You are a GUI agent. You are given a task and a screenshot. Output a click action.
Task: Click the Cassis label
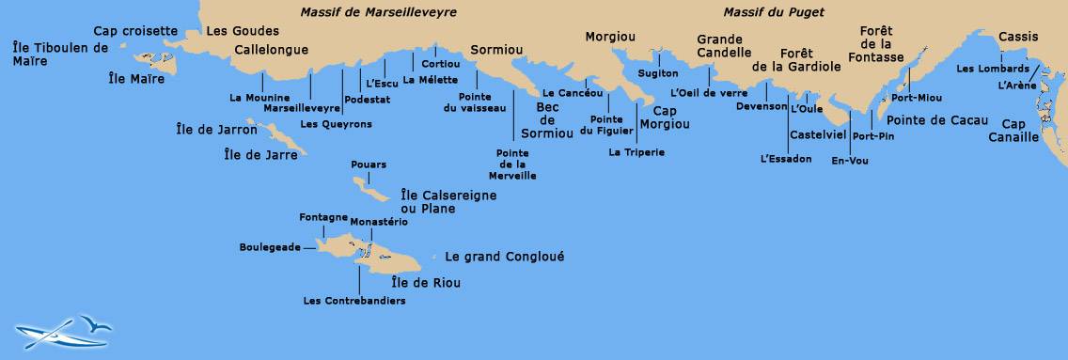pos(1018,37)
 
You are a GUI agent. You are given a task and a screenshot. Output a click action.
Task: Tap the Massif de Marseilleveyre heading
pos(379,12)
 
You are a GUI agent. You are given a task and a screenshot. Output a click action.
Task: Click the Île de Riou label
pos(426,282)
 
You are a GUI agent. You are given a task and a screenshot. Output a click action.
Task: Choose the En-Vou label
pos(850,161)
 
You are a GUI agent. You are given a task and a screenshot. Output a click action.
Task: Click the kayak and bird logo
pos(63,329)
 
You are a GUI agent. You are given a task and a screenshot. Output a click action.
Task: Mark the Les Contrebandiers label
pos(354,301)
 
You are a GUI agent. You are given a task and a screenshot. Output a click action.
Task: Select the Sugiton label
pos(657,73)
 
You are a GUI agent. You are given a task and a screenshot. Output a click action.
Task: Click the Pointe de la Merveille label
pos(512,164)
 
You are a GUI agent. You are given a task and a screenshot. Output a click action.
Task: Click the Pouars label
pos(368,164)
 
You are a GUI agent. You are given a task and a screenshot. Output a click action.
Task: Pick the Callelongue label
pos(271,50)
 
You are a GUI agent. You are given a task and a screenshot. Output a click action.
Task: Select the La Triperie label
pos(636,151)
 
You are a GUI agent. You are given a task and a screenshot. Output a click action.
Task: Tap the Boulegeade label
pos(270,247)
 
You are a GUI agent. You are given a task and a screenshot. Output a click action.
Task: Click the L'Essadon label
pos(785,159)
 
